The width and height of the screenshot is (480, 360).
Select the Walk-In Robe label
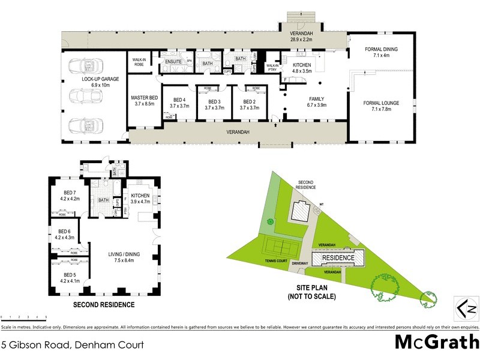[x=137, y=61]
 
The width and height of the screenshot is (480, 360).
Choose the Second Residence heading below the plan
[x=104, y=305]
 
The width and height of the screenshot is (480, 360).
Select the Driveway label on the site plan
[x=300, y=263]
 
